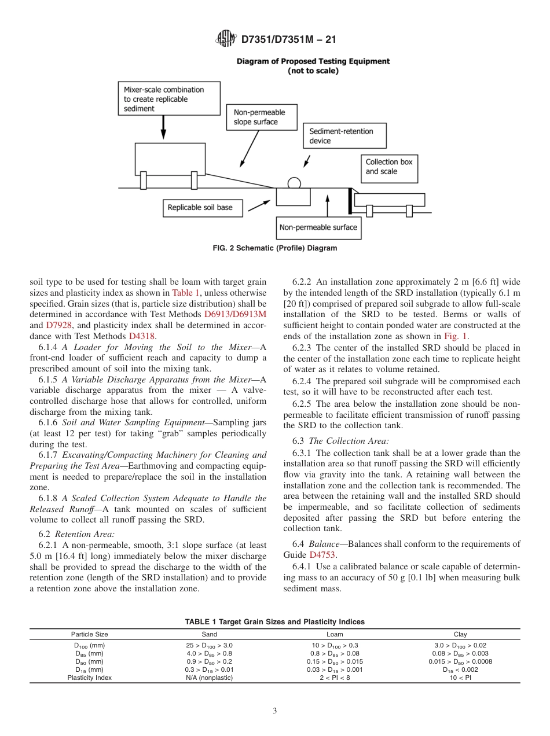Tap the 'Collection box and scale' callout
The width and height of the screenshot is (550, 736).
click(389, 167)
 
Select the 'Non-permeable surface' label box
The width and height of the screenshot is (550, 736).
click(318, 227)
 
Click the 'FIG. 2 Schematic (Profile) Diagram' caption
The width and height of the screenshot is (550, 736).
click(275, 248)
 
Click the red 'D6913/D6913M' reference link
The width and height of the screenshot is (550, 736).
click(235, 314)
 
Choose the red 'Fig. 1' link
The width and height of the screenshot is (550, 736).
click(456, 335)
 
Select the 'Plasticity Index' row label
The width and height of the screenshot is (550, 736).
click(89, 678)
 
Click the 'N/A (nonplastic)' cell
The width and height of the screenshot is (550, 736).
click(209, 678)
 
